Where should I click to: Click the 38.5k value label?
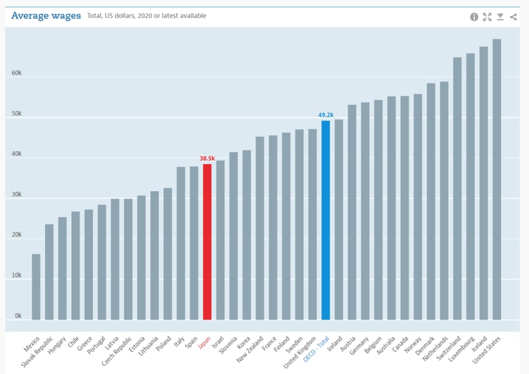[207, 158]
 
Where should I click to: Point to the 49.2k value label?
[326, 115]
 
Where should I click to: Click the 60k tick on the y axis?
[16, 73]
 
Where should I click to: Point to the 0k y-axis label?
[18, 316]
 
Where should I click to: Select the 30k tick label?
[16, 195]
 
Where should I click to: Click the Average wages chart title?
[46, 16]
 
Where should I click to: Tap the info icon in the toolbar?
[474, 17]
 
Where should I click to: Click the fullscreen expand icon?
[487, 17]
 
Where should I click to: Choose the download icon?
[500, 17]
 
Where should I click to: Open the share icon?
[513, 17]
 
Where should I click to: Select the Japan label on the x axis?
[205, 343]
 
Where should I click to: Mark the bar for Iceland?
[483, 183]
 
